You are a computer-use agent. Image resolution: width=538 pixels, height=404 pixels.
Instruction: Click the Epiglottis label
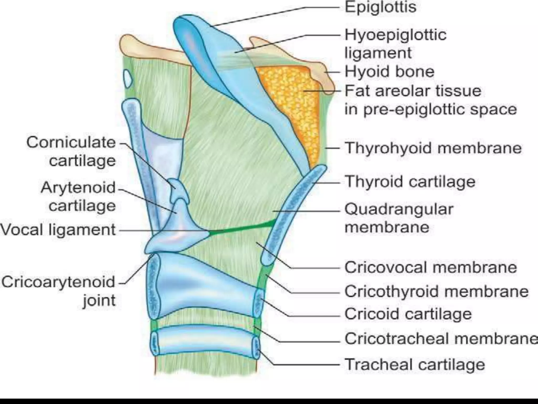pos(380,7)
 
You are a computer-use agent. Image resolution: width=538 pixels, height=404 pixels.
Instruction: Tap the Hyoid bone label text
pos(389,72)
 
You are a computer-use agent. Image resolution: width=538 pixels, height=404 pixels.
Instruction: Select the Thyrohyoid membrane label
pos(433,148)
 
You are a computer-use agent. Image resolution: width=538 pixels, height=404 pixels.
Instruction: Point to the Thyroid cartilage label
pos(410,181)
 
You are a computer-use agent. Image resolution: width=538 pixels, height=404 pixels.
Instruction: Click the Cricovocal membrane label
pos(431,267)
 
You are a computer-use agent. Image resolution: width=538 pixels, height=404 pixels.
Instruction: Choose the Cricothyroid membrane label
pos(436,291)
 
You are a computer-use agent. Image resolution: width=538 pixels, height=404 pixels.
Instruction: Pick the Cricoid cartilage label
pos(408,314)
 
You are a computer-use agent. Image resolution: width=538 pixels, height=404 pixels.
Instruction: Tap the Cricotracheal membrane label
pos(441,339)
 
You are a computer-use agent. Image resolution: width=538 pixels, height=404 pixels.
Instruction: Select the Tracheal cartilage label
pos(415,365)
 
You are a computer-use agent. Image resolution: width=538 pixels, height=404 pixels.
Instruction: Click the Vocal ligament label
pos(58,230)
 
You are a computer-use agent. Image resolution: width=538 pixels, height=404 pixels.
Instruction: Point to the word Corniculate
pos(71,143)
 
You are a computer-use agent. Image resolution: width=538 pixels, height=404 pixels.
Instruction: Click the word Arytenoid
pos(78,188)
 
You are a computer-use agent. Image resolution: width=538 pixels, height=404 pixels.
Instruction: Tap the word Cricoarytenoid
pos(58,282)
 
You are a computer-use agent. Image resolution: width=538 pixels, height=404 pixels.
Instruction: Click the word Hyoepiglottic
pos(395,35)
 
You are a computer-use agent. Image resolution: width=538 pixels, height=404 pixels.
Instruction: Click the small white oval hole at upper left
pos(128,78)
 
